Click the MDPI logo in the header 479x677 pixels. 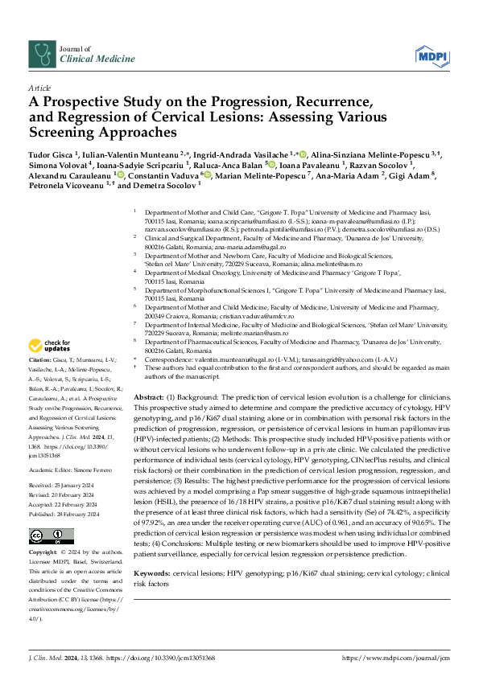tap(431, 55)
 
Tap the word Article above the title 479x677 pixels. tap(39, 87)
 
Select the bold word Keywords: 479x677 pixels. tap(151, 551)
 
